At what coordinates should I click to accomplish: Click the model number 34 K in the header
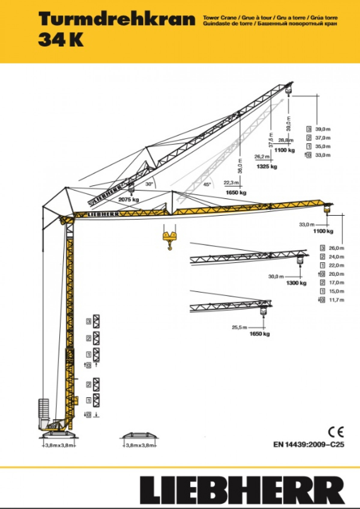point(61,41)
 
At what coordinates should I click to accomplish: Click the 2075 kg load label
point(129,200)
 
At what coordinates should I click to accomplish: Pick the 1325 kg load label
point(267,166)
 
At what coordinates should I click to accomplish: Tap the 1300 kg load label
point(296,283)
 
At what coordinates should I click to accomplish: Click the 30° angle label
point(149,184)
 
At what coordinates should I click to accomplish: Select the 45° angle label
point(207,184)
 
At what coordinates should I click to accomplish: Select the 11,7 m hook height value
point(336,300)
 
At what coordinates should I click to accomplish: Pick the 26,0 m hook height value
point(336,248)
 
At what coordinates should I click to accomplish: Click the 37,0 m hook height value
point(323,138)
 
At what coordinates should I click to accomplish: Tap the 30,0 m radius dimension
point(276,276)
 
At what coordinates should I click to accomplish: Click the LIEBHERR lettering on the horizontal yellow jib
point(102,214)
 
